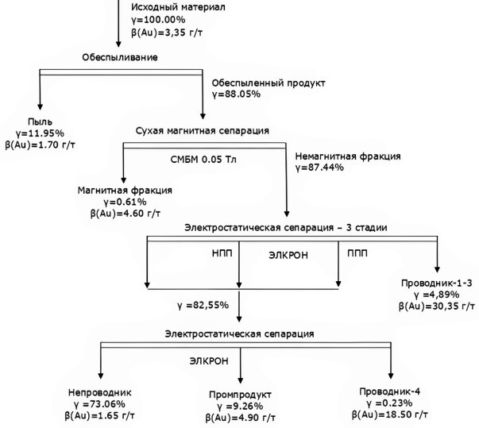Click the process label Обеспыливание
point(120,57)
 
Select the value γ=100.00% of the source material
point(158,20)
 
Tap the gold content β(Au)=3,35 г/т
point(167,32)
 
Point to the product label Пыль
point(40,121)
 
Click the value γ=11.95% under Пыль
point(40,133)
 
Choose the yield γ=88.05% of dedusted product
point(236,94)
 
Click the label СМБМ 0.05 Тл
point(203,160)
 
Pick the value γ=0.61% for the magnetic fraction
point(125,202)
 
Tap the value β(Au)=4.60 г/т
point(126,214)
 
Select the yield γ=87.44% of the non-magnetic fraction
point(319,168)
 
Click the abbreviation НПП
point(222,253)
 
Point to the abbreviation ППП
point(357,253)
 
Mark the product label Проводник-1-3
point(437,283)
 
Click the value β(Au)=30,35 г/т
point(437,307)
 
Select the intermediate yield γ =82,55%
point(203,305)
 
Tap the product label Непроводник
point(100,392)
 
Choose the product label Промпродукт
point(240,395)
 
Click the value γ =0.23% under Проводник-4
point(389,403)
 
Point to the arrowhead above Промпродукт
point(240,380)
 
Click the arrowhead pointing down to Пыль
point(40,106)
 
